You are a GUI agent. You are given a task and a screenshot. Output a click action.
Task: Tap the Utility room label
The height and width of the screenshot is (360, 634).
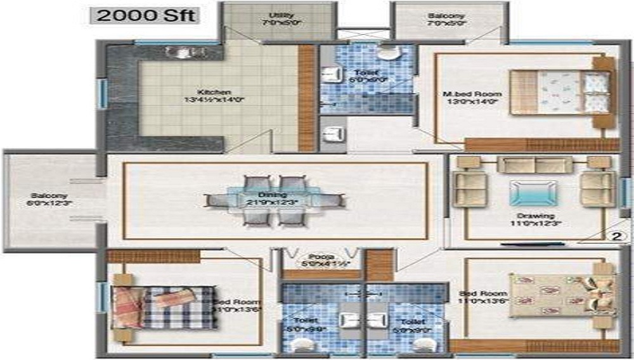[276, 15]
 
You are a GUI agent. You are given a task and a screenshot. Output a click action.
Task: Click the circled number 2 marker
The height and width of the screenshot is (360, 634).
[615, 237]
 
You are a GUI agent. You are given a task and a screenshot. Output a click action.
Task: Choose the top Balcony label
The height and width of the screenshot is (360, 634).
[446, 15]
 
